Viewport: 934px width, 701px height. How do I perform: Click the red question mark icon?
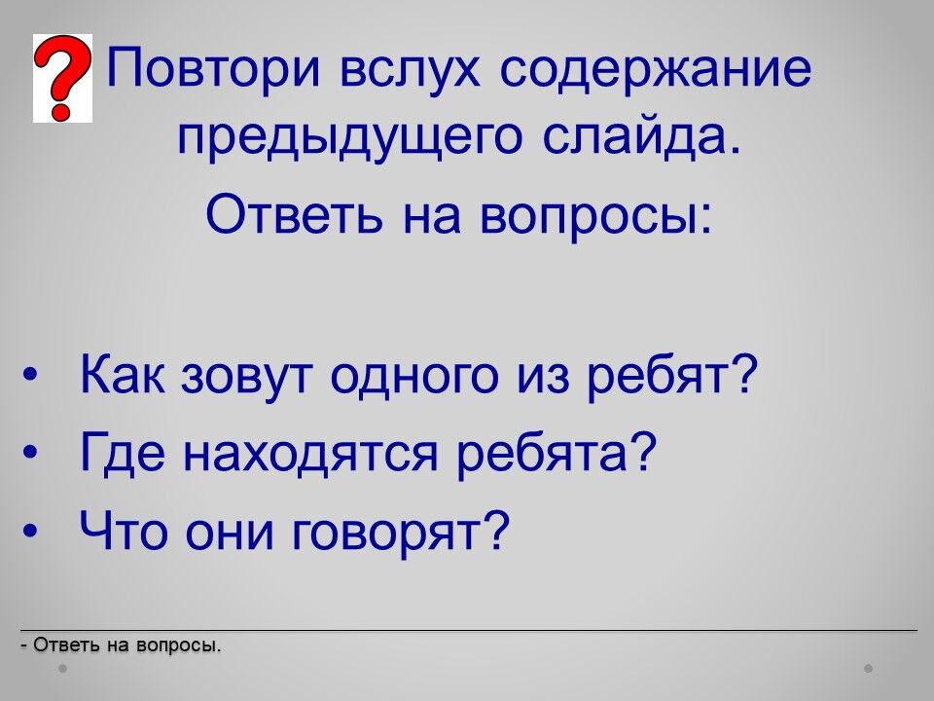(x=62, y=78)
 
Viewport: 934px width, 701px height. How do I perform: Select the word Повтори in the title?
(x=213, y=68)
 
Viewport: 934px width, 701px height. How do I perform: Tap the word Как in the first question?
(x=123, y=374)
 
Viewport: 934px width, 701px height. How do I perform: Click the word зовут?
(x=246, y=379)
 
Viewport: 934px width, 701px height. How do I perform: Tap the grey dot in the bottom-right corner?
(x=869, y=668)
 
